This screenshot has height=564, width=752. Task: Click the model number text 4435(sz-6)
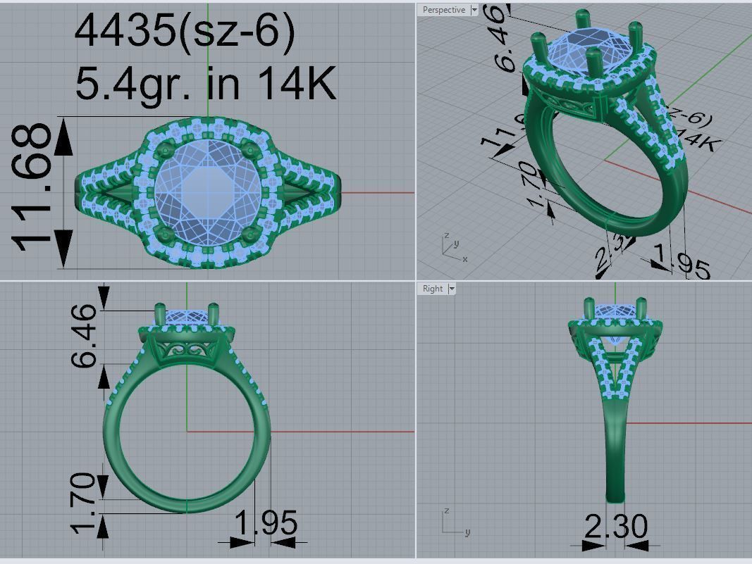point(184,31)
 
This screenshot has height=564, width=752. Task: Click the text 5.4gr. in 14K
point(205,83)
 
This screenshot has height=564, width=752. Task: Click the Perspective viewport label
point(443,10)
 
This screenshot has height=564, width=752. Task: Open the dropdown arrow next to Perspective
point(474,10)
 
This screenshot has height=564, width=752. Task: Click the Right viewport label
point(433,289)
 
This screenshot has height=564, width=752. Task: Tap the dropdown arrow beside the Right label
point(452,289)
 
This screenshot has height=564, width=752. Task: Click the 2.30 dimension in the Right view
point(615,526)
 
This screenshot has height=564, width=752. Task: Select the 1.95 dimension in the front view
point(266,524)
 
